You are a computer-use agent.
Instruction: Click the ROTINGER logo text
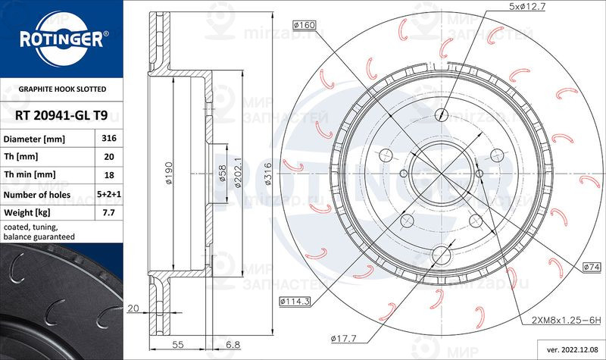pyautogui.click(x=60, y=38)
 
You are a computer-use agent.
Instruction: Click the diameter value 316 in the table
pyautogui.click(x=108, y=139)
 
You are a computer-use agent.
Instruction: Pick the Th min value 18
pyautogui.click(x=108, y=174)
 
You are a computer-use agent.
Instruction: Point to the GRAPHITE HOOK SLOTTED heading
pyautogui.click(x=52, y=89)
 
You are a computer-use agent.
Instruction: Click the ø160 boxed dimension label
pyautogui.click(x=305, y=26)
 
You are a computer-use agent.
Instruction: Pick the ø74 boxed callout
pyautogui.click(x=592, y=268)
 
